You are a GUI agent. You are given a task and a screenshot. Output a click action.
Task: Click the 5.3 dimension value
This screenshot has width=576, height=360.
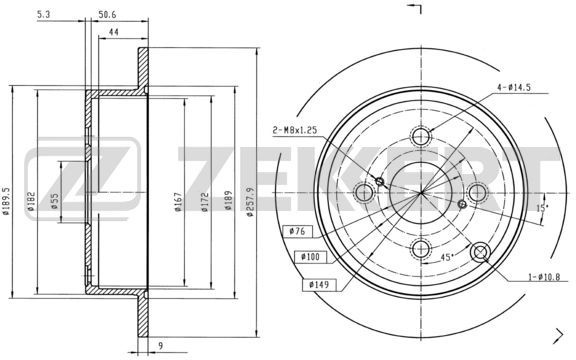tap(43, 14)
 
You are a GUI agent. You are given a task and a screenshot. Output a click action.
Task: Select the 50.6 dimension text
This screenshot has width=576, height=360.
tap(107, 14)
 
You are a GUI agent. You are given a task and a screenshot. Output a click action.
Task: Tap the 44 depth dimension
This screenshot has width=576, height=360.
tap(114, 32)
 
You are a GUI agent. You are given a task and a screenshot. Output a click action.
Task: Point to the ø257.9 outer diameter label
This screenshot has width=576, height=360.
tap(251, 202)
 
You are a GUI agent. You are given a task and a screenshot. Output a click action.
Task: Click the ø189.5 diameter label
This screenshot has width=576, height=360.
tap(6, 201)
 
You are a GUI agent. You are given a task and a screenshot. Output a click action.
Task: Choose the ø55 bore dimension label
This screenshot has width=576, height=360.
tap(54, 201)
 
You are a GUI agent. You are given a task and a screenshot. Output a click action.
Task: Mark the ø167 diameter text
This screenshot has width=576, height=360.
tap(178, 202)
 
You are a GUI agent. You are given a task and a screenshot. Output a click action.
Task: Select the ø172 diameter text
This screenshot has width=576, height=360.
tap(205, 202)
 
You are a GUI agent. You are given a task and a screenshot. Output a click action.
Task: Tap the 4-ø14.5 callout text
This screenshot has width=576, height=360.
tap(514, 87)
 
